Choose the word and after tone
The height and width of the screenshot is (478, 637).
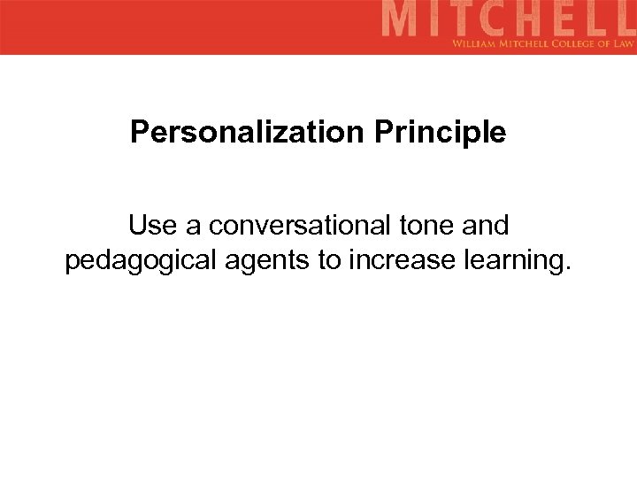coord(486,227)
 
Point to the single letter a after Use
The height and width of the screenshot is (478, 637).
coord(191,227)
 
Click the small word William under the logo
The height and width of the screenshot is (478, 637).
coord(476,42)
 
